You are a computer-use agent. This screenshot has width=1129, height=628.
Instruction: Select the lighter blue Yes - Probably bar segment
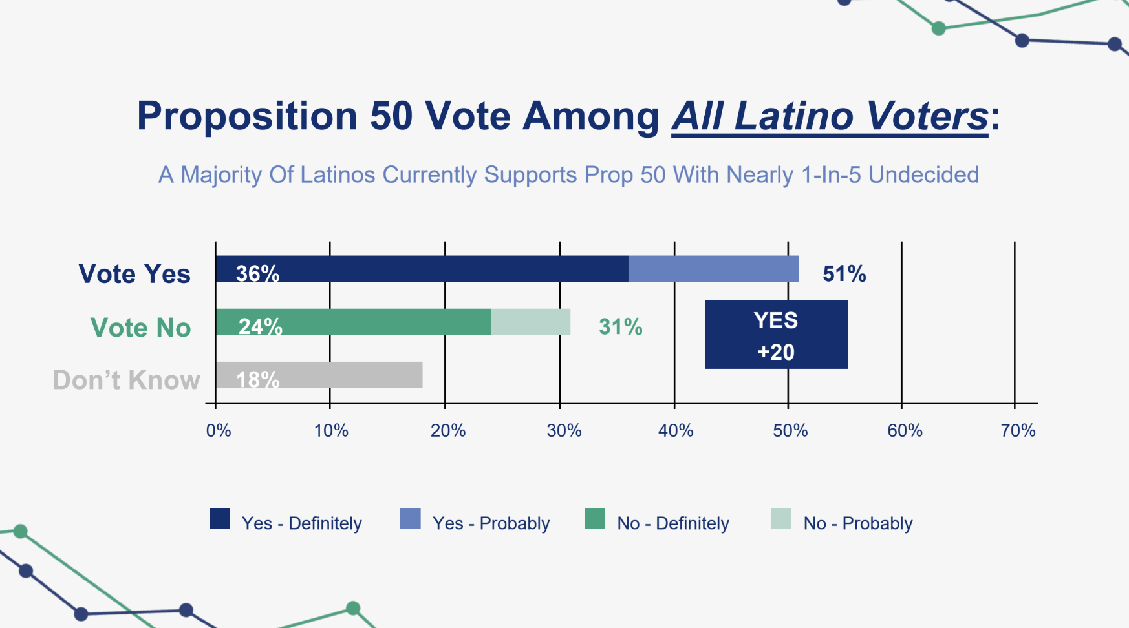tap(713, 269)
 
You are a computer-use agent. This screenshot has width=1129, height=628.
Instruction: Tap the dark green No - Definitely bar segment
tap(388, 322)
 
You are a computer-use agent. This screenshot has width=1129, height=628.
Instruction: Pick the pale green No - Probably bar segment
tap(531, 322)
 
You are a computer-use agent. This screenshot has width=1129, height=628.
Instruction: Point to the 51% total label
tap(844, 274)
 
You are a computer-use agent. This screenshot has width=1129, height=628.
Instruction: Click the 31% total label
tap(620, 327)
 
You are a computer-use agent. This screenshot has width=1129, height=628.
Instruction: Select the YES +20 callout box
tap(775, 335)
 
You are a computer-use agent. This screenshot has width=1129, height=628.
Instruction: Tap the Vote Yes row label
tap(134, 274)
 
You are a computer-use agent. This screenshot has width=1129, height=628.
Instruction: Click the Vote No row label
tap(140, 328)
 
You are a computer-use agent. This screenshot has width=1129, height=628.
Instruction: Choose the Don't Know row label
tap(126, 380)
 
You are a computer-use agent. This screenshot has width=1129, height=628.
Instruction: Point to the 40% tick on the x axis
tap(676, 430)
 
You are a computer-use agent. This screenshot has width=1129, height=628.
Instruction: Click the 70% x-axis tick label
tap(1018, 430)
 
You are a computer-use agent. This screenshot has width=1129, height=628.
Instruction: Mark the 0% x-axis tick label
tap(219, 430)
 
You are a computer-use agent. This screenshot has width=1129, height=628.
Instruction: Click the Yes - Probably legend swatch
tap(411, 519)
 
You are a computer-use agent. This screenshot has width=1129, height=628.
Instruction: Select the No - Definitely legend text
tap(672, 523)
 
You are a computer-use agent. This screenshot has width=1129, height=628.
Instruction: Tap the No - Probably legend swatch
tap(781, 519)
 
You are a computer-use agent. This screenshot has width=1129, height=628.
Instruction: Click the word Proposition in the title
tap(246, 116)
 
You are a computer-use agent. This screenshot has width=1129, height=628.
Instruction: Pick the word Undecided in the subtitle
tap(923, 175)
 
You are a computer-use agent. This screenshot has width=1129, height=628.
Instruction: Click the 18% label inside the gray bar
tap(257, 379)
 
